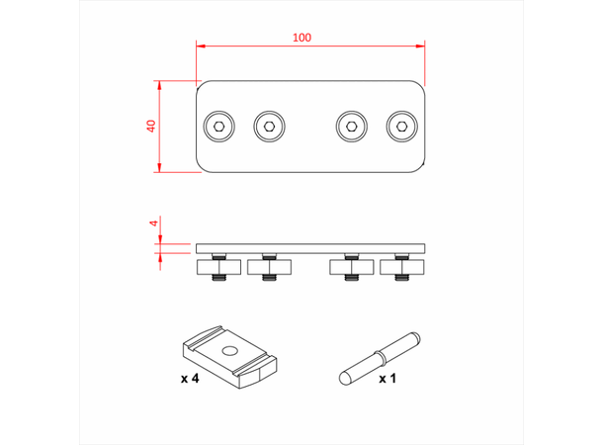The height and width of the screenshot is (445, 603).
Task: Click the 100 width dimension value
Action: pyautogui.click(x=301, y=38)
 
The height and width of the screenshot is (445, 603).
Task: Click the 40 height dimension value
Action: pyautogui.click(x=151, y=126)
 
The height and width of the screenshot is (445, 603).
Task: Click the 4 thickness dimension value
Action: pyautogui.click(x=153, y=223)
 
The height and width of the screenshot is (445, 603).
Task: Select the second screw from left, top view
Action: pyautogui.click(x=268, y=126)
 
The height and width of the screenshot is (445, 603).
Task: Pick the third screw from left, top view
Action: pyautogui.click(x=351, y=126)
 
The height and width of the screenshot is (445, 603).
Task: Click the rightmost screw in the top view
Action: pyautogui.click(x=400, y=126)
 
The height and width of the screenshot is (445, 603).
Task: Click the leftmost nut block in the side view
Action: pyautogui.click(x=218, y=266)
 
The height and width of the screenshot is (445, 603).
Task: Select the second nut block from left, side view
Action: pyautogui.click(x=268, y=266)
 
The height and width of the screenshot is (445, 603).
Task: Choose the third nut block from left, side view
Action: pyautogui.click(x=351, y=266)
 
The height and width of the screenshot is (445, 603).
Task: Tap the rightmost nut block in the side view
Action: pyautogui.click(x=400, y=266)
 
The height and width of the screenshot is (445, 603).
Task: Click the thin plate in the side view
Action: pyautogui.click(x=312, y=247)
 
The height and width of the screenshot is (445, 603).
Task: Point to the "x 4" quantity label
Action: pyautogui.click(x=192, y=379)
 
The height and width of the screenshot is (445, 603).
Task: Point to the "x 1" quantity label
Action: pyautogui.click(x=388, y=379)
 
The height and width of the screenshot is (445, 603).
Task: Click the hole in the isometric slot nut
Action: pyautogui.click(x=229, y=350)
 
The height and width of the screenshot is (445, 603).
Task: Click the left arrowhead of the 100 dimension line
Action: pyautogui.click(x=200, y=45)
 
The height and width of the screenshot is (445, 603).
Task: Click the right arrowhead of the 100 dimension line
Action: pyautogui.click(x=422, y=45)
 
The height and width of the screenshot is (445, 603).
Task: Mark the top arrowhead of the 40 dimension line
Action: pyautogui.click(x=160, y=83)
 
